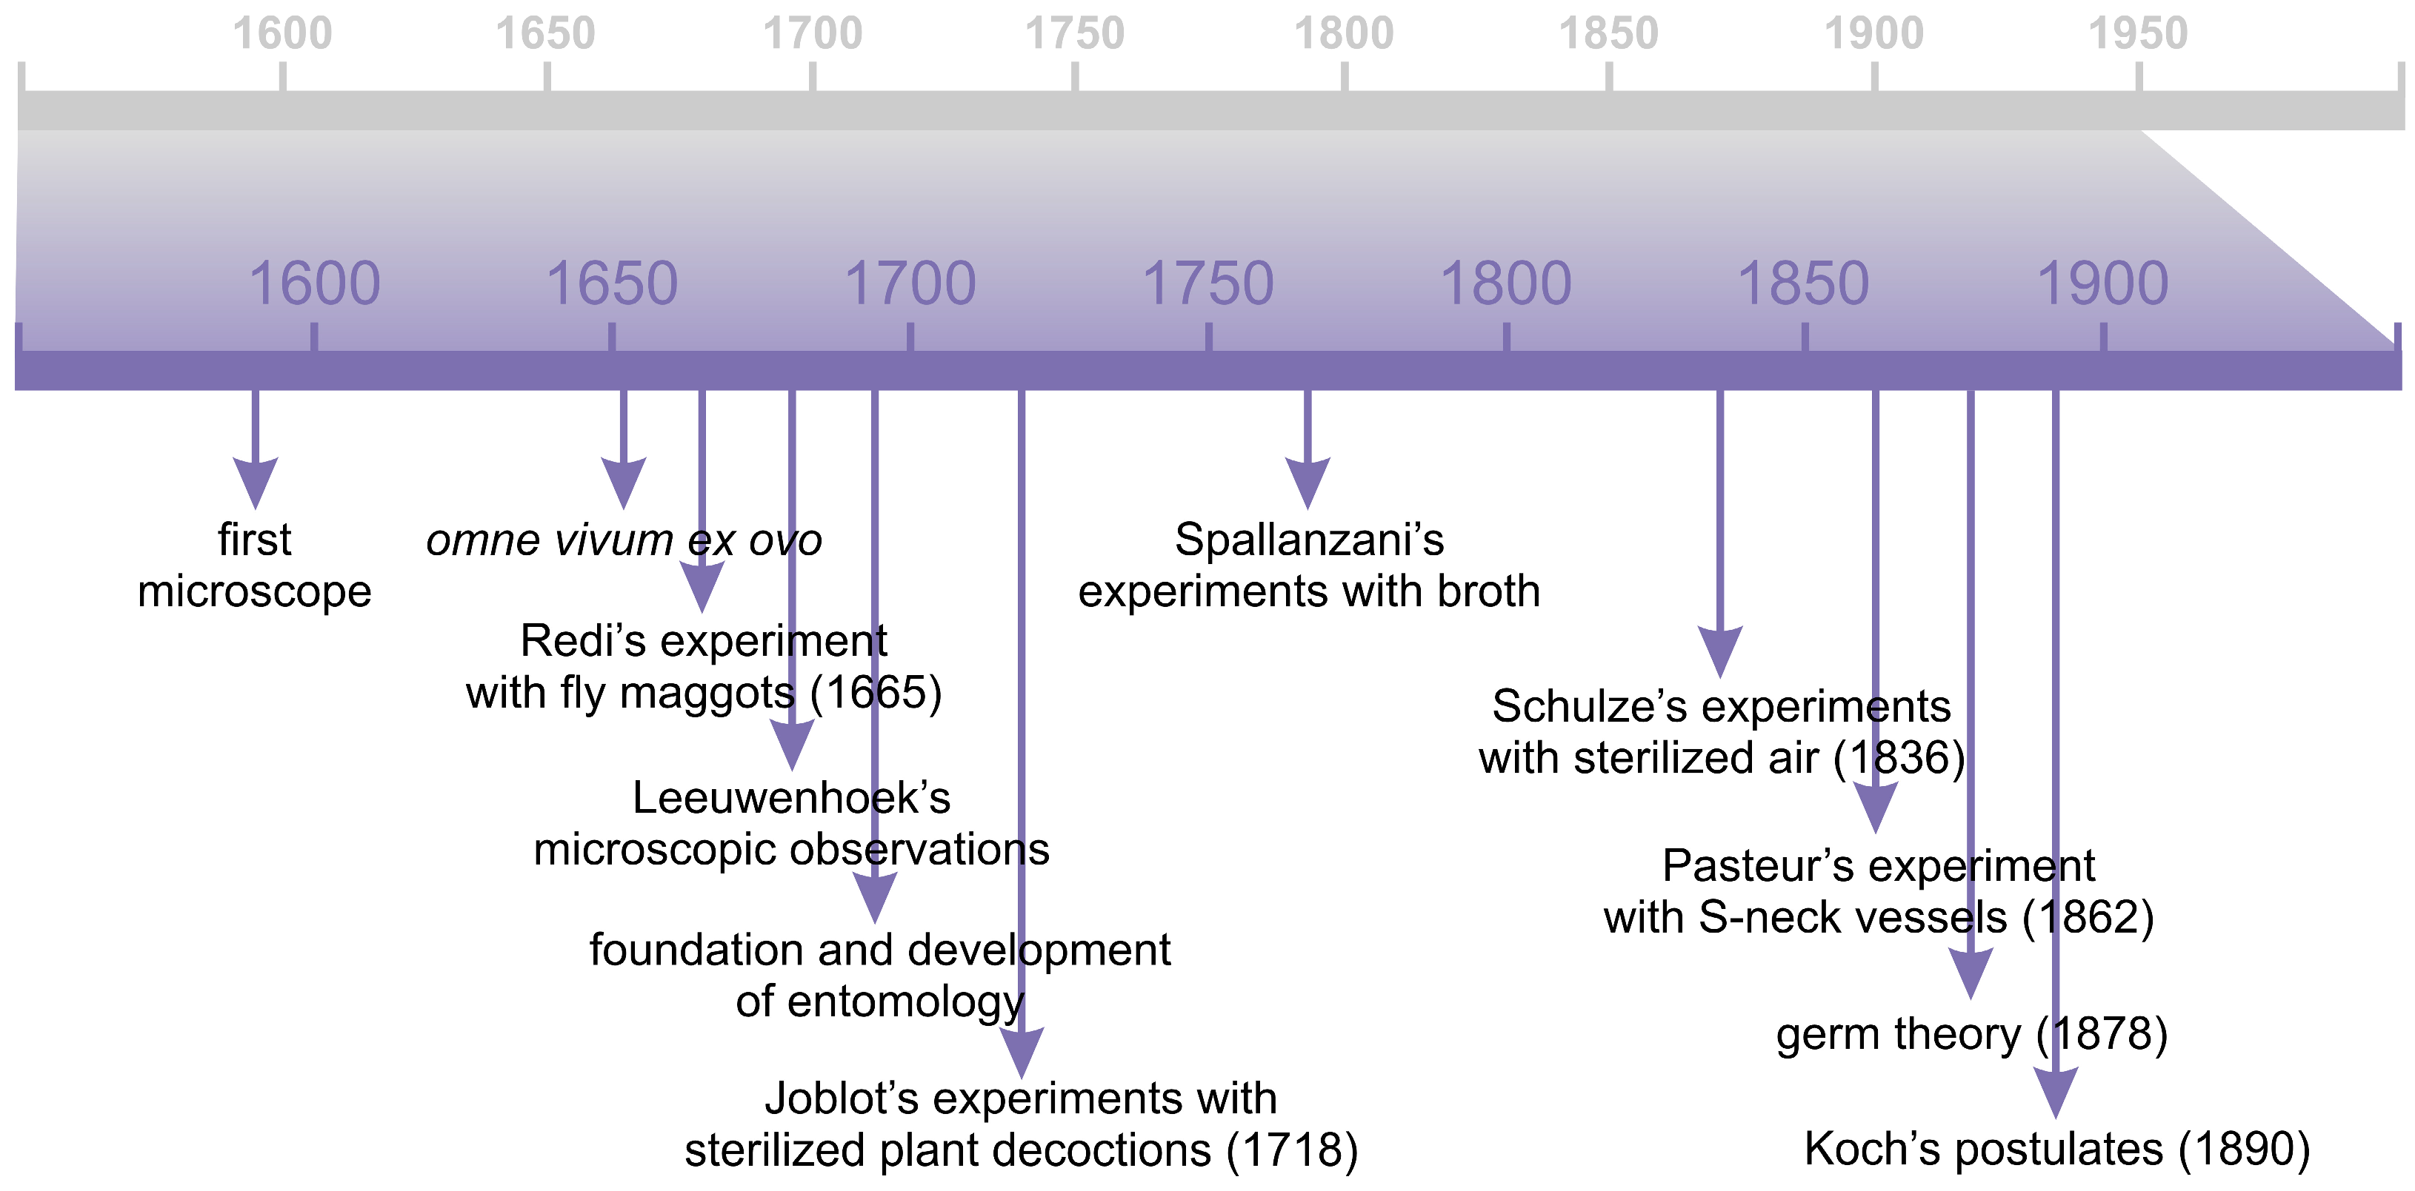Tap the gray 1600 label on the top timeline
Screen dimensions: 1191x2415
282,34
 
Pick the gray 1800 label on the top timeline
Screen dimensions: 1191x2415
1344,34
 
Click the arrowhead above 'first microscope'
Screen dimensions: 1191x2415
255,482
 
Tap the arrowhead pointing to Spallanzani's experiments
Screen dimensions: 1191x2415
1308,482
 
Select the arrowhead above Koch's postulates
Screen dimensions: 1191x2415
2055,1091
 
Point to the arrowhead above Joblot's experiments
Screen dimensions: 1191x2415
1022,1051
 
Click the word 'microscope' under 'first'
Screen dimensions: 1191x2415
255,592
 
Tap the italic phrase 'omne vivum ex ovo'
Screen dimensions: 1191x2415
624,540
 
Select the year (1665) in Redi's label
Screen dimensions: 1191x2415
876,694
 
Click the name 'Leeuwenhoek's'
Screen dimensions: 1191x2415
791,799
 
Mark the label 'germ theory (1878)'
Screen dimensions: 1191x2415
1971,1035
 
